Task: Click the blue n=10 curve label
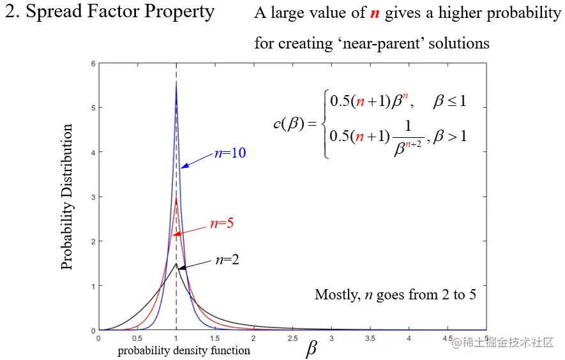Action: click(x=230, y=153)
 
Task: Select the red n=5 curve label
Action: click(x=222, y=224)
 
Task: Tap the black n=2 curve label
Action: click(x=227, y=260)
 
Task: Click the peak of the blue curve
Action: click(x=176, y=84)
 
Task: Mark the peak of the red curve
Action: click(x=176, y=198)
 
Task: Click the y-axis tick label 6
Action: click(x=93, y=64)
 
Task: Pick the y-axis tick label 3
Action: click(x=93, y=197)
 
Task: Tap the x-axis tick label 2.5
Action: click(x=292, y=338)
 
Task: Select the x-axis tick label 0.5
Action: click(x=137, y=338)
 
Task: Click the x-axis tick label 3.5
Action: click(x=370, y=338)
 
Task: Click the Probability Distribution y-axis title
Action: click(x=67, y=197)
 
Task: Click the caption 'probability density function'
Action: click(x=184, y=350)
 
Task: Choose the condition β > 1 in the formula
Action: click(x=450, y=135)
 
